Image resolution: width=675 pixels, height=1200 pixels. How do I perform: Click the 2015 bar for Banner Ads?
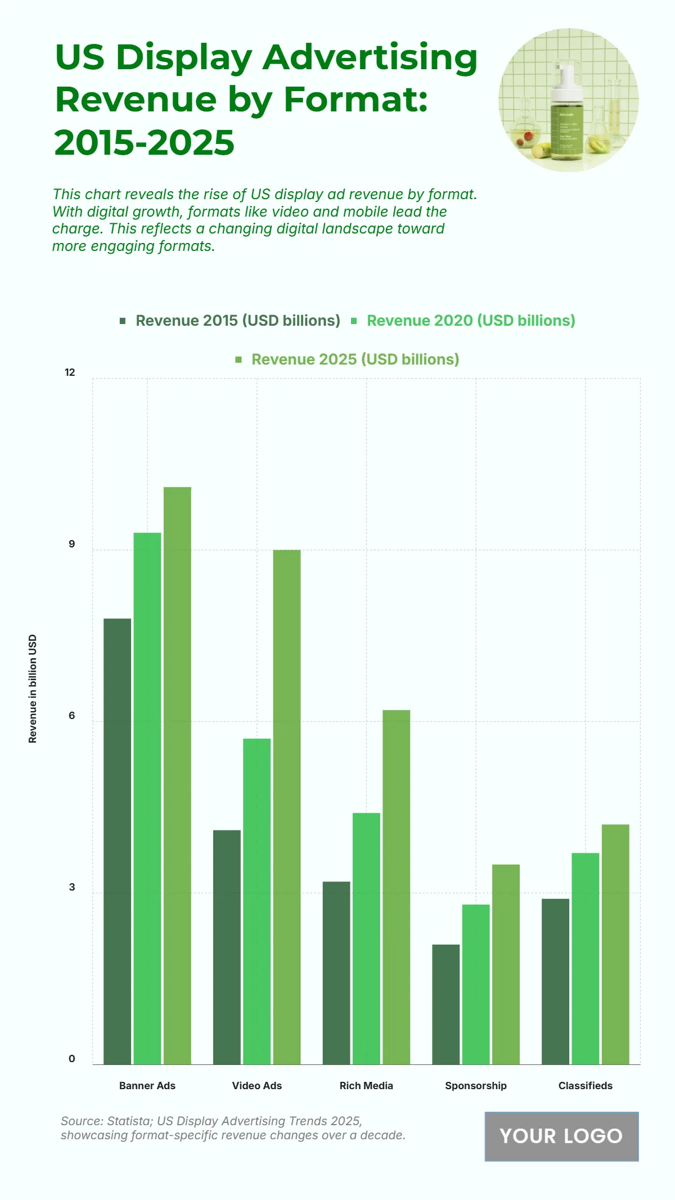(118, 841)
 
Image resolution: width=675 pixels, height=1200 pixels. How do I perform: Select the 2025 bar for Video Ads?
(287, 807)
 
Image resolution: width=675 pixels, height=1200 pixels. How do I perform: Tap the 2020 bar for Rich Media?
(366, 938)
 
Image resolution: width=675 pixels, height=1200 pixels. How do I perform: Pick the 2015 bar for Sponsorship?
(445, 1004)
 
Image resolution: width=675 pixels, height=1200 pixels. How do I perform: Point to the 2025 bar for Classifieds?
(615, 944)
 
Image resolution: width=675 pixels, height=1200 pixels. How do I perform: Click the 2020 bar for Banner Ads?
(147, 798)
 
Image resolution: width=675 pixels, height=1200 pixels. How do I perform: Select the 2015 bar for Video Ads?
(227, 947)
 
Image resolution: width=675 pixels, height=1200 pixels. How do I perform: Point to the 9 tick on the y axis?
(71, 544)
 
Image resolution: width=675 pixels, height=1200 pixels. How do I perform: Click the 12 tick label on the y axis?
(70, 372)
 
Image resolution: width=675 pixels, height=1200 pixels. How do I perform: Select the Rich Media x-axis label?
(366, 1085)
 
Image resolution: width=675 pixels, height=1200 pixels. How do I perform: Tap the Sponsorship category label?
(476, 1085)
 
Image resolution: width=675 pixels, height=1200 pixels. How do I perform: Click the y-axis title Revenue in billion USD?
(33, 689)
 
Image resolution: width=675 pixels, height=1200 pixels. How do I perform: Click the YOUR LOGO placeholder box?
(561, 1136)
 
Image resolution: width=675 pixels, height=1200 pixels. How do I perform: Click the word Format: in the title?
(355, 99)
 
